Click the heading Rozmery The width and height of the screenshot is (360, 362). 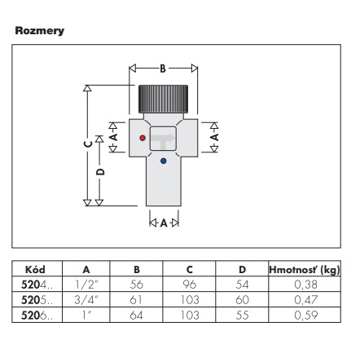(40, 31)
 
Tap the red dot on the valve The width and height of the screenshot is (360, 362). (143, 138)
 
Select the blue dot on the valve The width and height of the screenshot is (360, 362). (163, 161)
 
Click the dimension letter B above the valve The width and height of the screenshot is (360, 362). (163, 68)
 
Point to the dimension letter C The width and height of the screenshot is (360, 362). (88, 143)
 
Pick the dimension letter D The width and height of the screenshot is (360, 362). (100, 172)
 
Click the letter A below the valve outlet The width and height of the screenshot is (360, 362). (164, 223)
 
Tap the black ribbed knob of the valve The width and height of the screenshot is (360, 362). (163, 99)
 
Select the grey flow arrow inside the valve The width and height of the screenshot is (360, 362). (163, 139)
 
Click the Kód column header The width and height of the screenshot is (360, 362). (35, 270)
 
